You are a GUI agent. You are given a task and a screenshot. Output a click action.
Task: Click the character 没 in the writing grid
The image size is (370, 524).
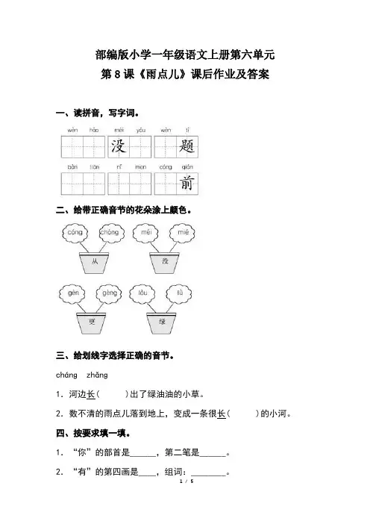point(118,146)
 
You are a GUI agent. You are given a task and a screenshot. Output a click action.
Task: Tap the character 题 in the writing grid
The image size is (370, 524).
point(186,146)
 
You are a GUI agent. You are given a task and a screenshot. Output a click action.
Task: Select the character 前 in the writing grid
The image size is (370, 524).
point(186,184)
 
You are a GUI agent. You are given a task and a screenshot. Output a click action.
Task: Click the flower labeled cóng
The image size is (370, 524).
point(75,232)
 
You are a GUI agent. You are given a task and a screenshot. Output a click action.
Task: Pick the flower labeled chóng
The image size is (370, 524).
point(111,232)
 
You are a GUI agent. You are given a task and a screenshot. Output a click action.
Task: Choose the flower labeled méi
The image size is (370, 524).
point(146,232)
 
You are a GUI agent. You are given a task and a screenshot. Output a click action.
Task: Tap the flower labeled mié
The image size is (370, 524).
point(182,232)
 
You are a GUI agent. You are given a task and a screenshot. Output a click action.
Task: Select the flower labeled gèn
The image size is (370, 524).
point(72,293)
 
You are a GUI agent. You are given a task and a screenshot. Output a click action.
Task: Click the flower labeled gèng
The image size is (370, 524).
point(109,293)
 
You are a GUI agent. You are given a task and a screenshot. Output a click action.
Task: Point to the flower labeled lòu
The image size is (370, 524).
point(142,293)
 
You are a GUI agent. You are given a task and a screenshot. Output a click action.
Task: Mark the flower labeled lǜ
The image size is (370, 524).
point(179,293)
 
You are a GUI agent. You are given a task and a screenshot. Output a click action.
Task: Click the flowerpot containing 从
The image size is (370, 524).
point(94,263)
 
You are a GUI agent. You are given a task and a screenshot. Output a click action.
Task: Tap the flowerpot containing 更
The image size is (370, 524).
point(92,323)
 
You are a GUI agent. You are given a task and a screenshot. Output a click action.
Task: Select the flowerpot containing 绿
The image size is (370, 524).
point(162,323)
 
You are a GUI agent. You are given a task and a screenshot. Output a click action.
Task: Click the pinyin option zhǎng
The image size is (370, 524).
point(97,375)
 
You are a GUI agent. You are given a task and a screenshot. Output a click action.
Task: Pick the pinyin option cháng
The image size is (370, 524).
point(67,375)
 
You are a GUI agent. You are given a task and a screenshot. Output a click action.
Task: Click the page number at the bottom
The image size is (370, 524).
point(186,481)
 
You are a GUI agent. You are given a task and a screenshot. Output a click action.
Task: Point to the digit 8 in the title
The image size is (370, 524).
point(117,75)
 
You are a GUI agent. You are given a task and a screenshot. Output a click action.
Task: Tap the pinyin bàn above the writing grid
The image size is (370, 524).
point(72,166)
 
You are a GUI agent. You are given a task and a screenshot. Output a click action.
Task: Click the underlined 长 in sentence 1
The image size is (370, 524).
point(91,394)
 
